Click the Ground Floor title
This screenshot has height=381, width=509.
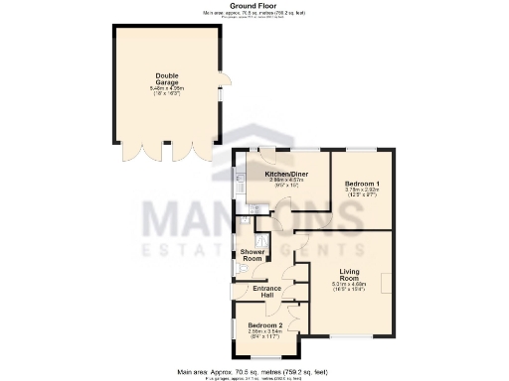(x=254, y=5)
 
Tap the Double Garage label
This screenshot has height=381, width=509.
(x=165, y=80)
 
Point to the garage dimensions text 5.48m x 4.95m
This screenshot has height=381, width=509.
(x=165, y=89)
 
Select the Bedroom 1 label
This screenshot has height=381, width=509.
(x=362, y=185)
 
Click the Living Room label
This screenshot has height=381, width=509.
(x=349, y=275)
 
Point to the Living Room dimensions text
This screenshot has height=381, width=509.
(x=349, y=285)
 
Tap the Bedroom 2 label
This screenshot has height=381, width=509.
(x=264, y=325)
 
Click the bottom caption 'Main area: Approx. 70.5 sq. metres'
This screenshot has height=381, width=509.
(x=254, y=368)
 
